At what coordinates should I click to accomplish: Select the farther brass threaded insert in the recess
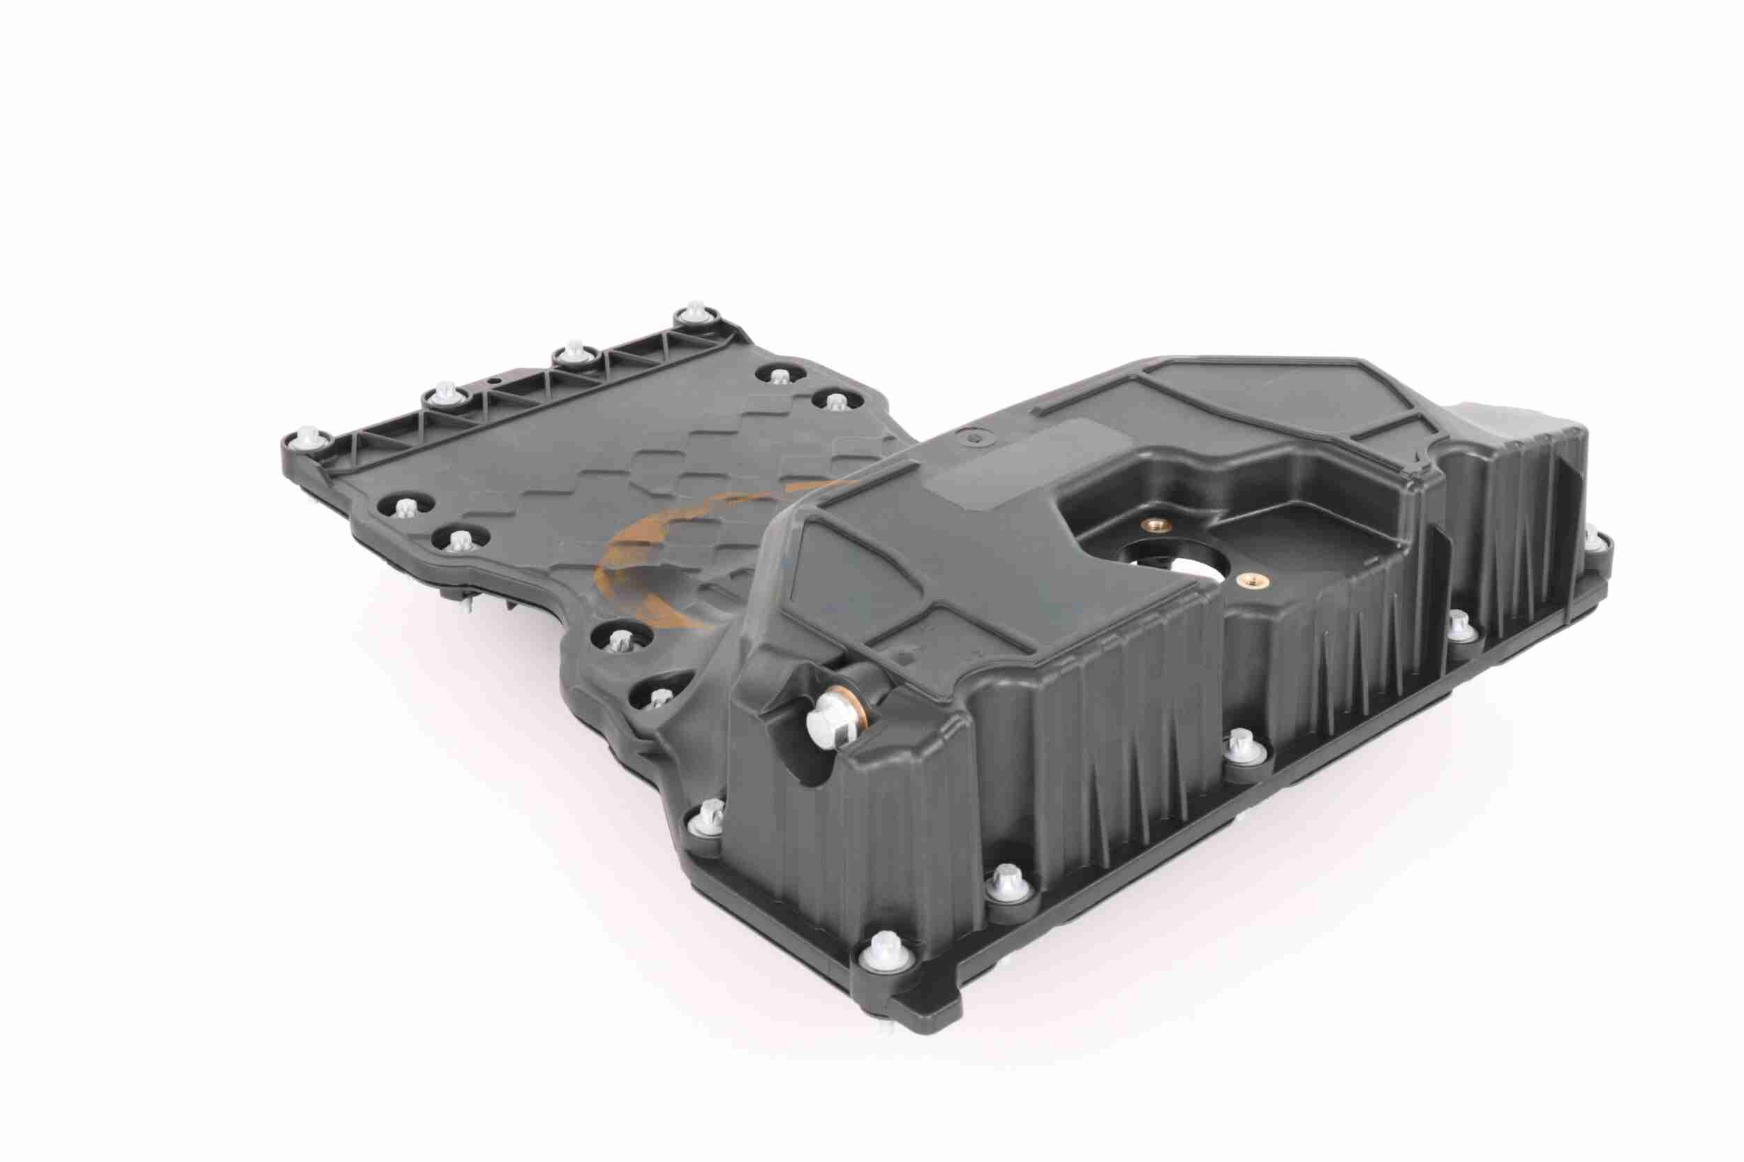point(1156,527)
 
